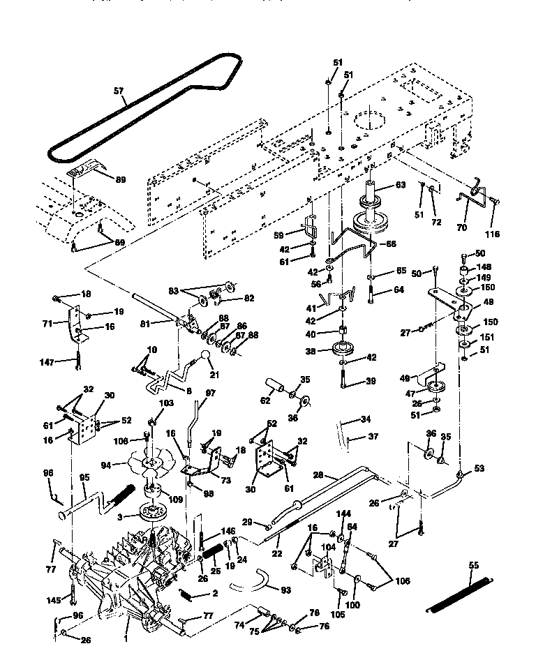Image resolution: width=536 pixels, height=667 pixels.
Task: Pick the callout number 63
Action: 399,186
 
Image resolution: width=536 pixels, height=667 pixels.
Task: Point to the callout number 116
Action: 493,234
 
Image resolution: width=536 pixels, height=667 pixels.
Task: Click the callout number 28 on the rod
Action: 318,475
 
